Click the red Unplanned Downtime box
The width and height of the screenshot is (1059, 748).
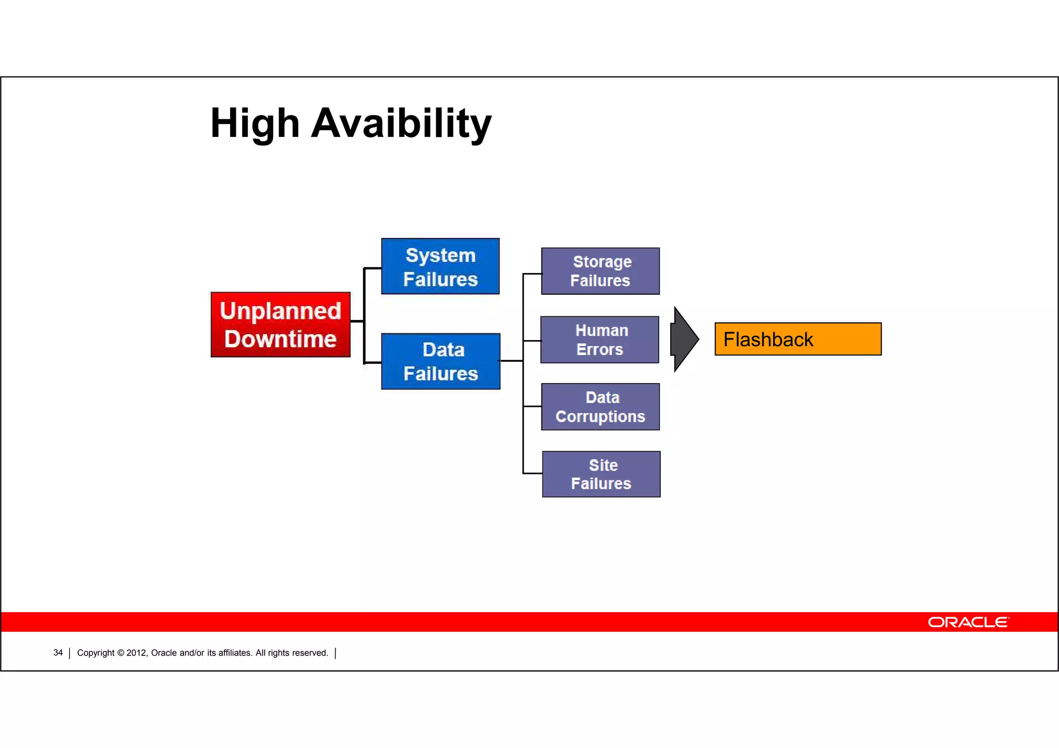(x=280, y=325)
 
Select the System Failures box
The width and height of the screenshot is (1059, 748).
(x=440, y=266)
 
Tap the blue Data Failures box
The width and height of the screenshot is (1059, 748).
(x=440, y=361)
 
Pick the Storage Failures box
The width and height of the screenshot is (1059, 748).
(x=600, y=271)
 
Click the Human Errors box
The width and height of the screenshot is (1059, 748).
(x=599, y=340)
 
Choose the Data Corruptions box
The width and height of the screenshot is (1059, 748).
(x=600, y=407)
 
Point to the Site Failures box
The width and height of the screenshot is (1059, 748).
(x=601, y=474)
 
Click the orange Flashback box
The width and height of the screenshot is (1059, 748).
(x=797, y=339)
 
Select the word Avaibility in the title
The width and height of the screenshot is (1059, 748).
(x=401, y=124)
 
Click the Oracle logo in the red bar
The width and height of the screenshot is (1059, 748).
(x=968, y=622)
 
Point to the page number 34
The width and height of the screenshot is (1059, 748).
(x=58, y=653)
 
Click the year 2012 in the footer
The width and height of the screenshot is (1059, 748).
(x=137, y=653)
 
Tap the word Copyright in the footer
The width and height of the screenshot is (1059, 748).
(x=96, y=653)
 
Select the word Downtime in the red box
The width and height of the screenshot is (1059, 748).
(x=280, y=339)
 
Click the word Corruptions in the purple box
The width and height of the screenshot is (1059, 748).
(x=600, y=417)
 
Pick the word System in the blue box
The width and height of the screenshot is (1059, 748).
(x=440, y=255)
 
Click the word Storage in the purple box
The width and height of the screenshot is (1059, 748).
(x=602, y=262)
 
